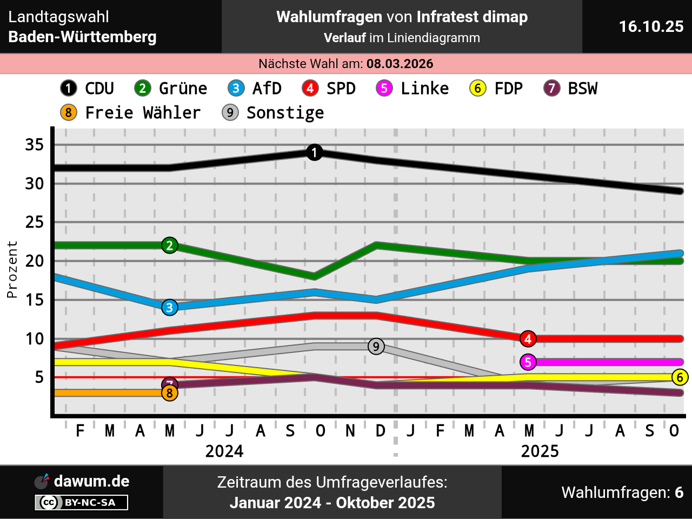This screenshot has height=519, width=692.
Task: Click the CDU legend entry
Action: (87, 88)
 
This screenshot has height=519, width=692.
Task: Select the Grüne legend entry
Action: (171, 88)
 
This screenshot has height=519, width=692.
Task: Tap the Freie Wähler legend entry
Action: (130, 112)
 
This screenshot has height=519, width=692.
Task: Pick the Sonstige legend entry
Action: (273, 112)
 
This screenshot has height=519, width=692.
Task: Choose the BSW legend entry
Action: (571, 88)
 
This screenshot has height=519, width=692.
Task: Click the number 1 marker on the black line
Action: (314, 152)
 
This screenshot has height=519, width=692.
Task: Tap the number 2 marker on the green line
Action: (170, 245)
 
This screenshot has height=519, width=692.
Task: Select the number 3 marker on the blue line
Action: (170, 308)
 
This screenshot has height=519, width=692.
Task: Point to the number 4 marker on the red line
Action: (528, 339)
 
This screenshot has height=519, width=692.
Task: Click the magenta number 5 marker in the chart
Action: (528, 362)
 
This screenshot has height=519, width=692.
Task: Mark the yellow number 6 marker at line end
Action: (680, 377)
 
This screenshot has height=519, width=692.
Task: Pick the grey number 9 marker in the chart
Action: (376, 347)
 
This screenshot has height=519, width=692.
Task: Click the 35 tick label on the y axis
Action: (35, 145)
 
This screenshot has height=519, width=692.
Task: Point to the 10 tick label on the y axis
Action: (35, 339)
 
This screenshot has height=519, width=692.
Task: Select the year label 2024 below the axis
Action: (224, 451)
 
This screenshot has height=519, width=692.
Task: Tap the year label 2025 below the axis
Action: (540, 451)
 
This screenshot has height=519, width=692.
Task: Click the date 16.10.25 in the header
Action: (651, 26)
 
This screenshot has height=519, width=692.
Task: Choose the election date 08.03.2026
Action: (400, 64)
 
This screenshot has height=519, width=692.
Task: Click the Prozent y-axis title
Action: (12, 269)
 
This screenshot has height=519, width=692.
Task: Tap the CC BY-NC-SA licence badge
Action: (82, 502)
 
